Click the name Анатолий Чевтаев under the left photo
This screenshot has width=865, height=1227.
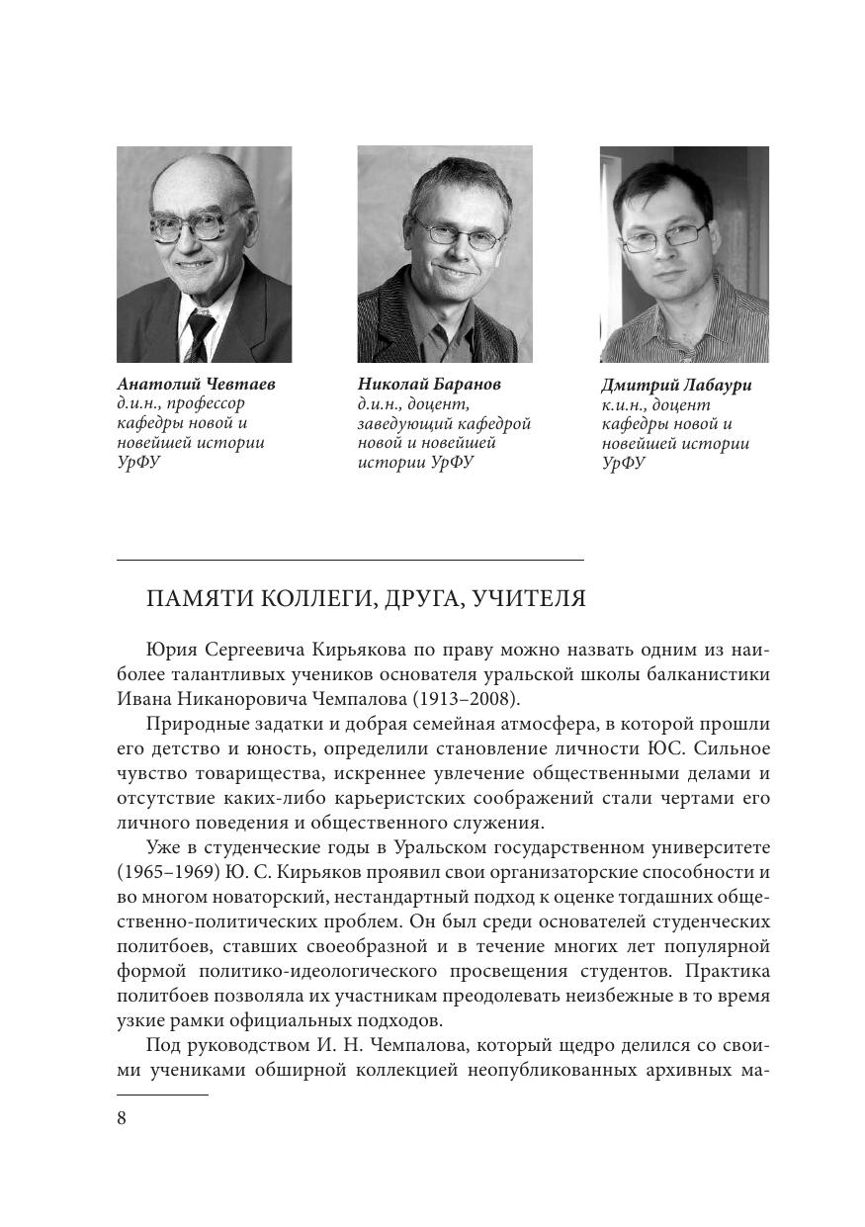tap(196, 385)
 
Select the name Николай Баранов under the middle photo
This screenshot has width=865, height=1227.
tap(429, 385)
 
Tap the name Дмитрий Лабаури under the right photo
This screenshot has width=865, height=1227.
tap(676, 386)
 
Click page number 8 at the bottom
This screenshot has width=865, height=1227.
tap(122, 1118)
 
